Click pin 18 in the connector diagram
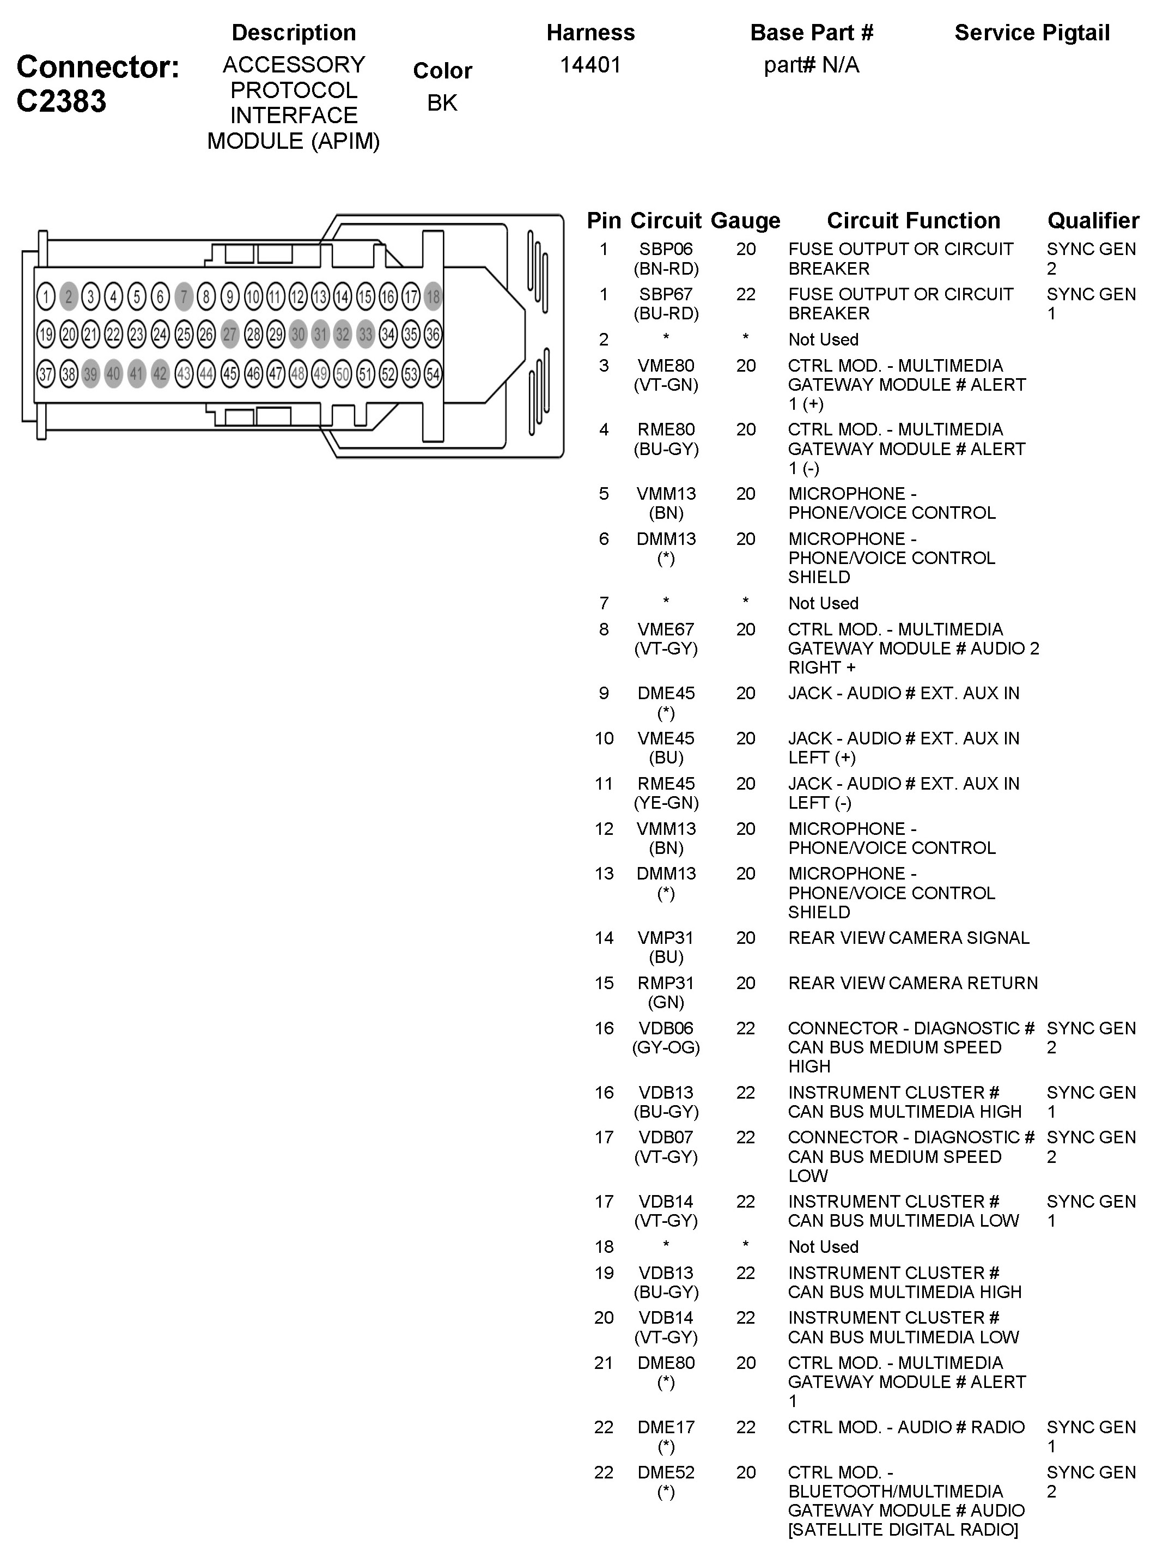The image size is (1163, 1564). pos(433,296)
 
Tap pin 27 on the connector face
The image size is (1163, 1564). pos(229,335)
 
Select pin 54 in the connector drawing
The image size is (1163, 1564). pos(433,373)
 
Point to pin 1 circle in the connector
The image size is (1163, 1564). pos(46,296)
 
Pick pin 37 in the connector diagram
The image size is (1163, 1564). pos(46,373)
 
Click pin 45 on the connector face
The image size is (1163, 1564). pos(229,373)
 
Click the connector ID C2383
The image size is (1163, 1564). pos(61,101)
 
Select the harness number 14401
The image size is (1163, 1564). pos(590,65)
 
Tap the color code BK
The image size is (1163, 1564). pos(442,103)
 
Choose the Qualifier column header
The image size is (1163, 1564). pos(1093,220)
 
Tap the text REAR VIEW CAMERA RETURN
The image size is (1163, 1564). pos(912,983)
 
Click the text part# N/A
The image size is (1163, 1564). pos(811,65)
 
